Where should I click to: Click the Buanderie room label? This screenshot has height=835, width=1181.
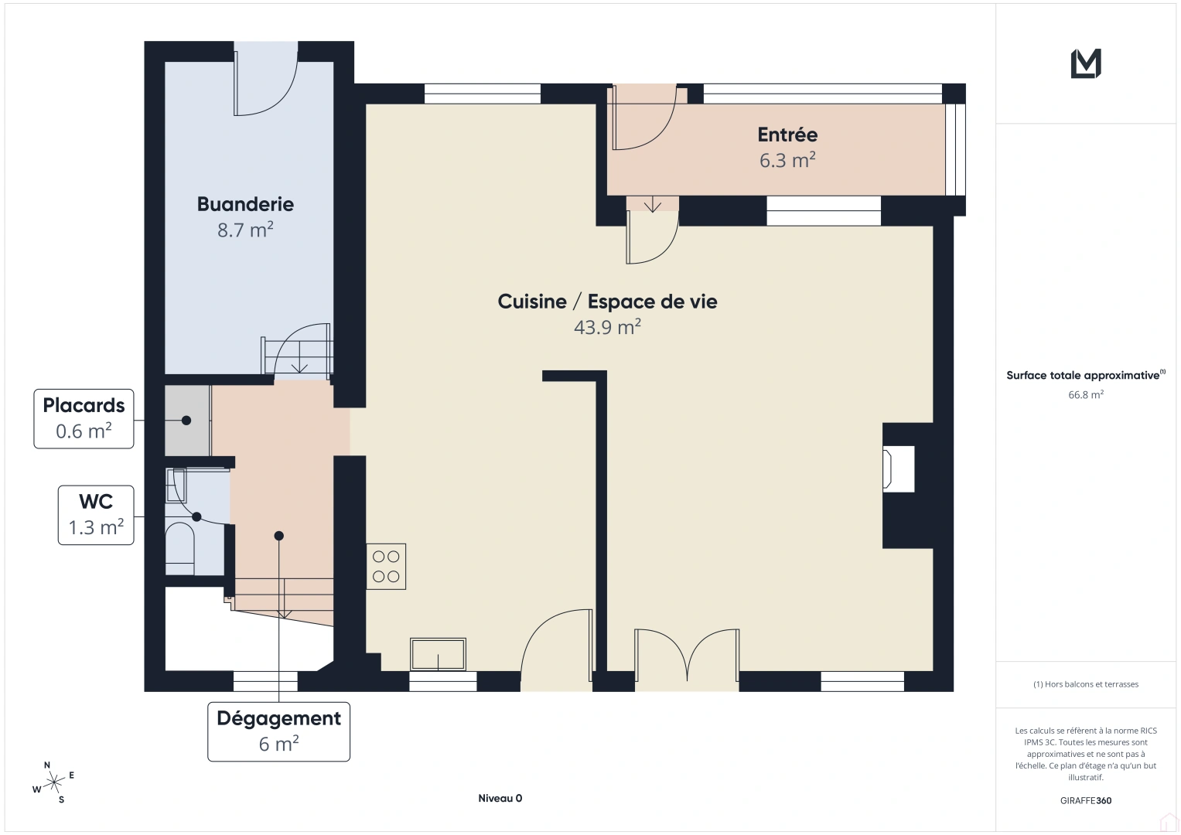click(245, 204)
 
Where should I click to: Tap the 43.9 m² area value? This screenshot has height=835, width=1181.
click(607, 327)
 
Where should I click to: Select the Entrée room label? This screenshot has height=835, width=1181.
click(787, 135)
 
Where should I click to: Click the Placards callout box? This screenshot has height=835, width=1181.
click(84, 418)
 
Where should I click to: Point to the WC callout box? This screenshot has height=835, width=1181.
click(96, 515)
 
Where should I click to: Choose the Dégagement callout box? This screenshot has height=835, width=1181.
click(278, 731)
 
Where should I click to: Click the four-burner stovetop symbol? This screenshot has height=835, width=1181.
click(386, 567)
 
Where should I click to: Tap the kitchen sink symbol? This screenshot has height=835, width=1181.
click(438, 654)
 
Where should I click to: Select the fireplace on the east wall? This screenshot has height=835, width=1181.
click(899, 469)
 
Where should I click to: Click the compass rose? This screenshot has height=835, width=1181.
click(53, 783)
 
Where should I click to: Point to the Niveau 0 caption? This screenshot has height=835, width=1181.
click(500, 799)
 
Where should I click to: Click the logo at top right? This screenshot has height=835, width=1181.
click(1085, 63)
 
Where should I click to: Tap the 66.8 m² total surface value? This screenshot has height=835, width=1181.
click(1085, 394)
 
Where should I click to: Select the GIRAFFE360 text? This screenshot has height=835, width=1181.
click(1085, 800)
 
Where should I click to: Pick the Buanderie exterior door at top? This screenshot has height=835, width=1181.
click(266, 81)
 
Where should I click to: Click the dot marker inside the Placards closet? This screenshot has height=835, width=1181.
click(186, 421)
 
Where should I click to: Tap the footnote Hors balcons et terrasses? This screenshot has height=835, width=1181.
click(1085, 684)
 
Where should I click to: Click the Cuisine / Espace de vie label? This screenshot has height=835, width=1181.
click(607, 302)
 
